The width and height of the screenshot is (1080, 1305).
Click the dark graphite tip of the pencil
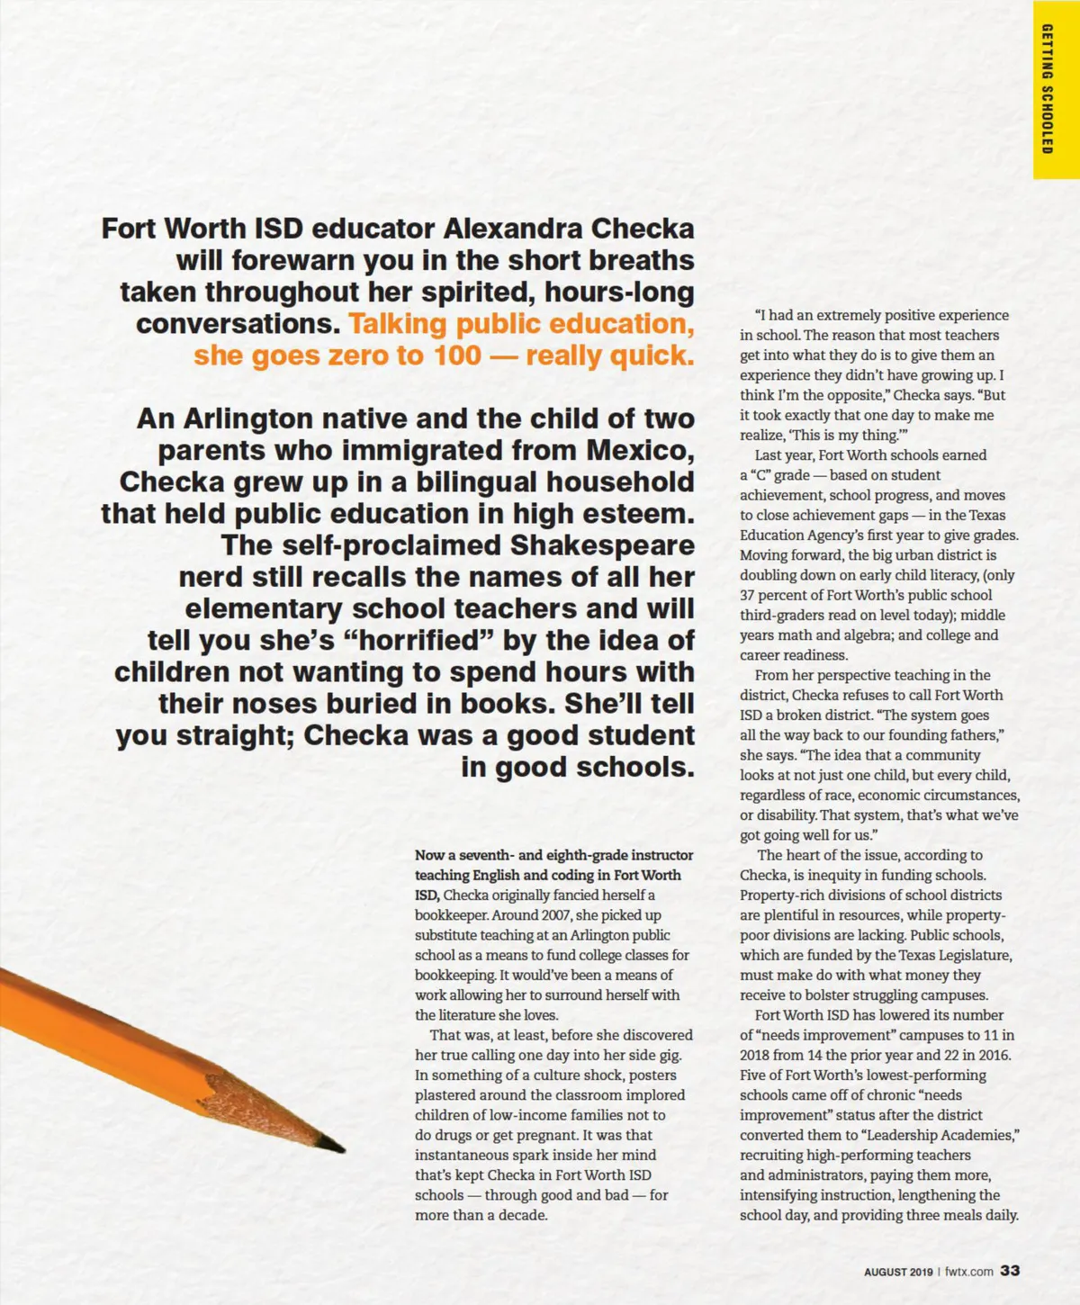335,1145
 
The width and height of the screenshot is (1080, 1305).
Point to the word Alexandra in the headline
513,229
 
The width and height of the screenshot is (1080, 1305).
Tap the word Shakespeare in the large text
602,545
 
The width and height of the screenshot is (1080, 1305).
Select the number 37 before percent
748,595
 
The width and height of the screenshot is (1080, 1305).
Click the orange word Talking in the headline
397,324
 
